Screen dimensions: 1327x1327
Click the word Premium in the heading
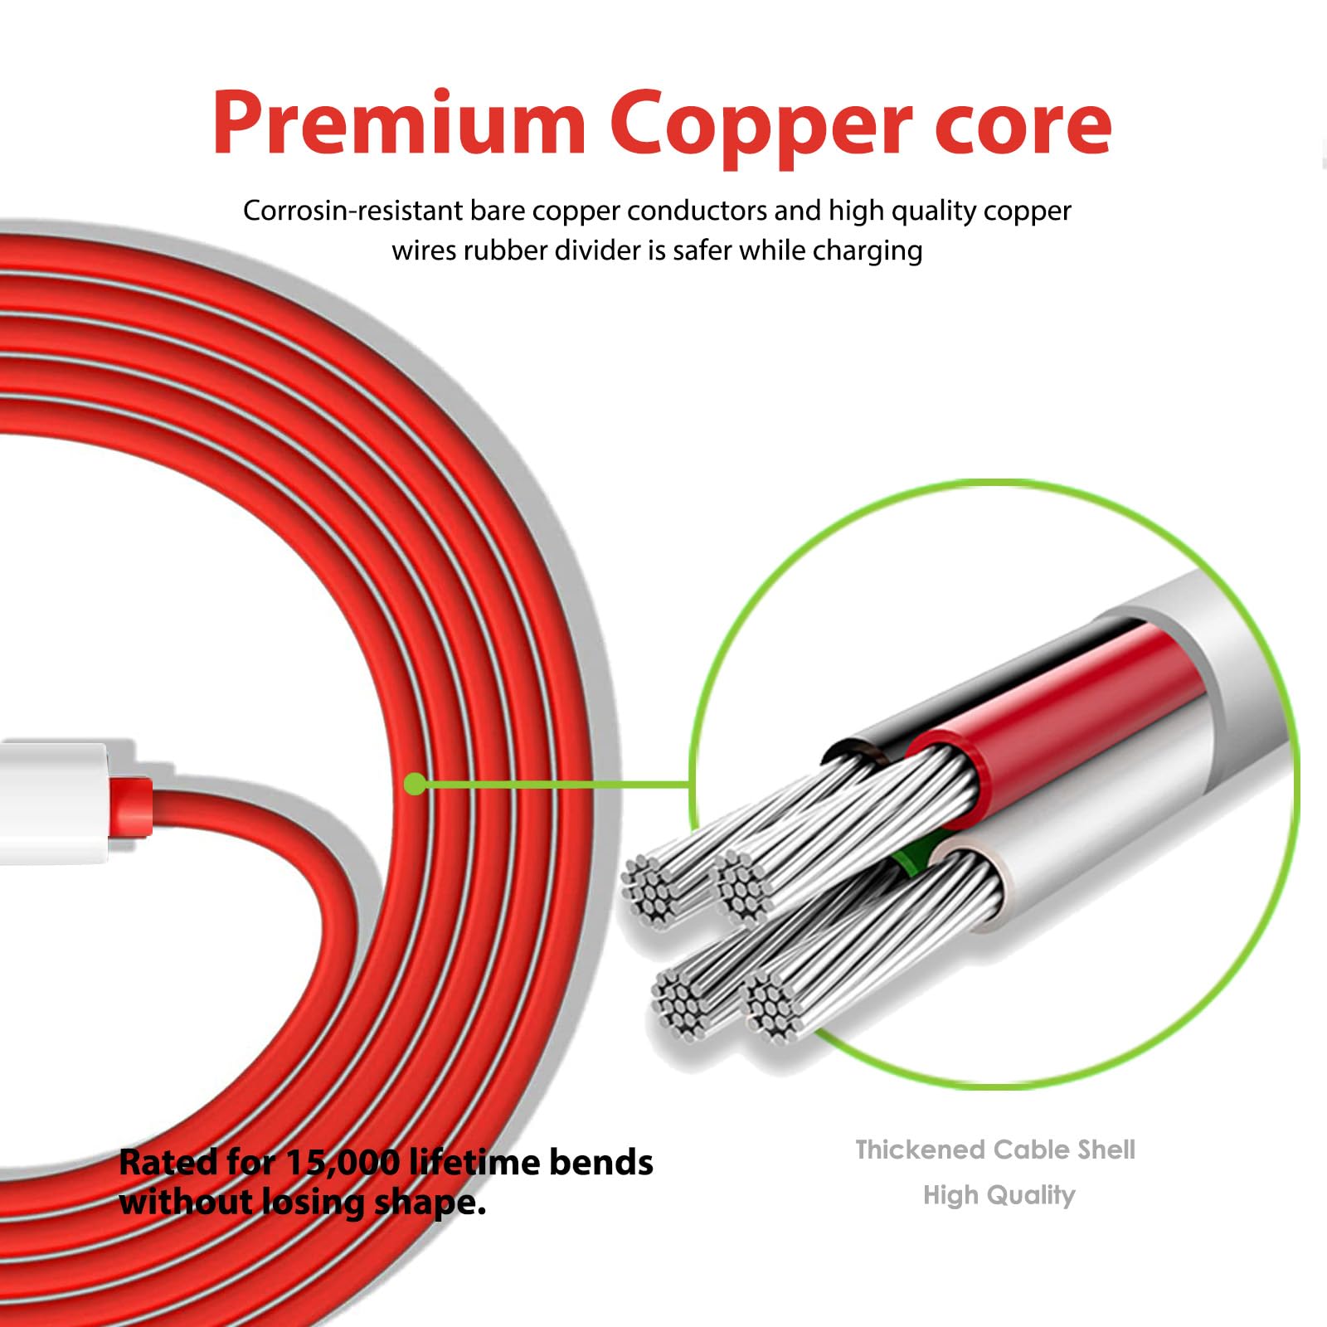(399, 124)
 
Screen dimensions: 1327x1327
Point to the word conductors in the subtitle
(697, 211)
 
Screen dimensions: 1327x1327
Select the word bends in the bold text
(600, 1163)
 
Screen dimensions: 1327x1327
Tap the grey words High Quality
(999, 1195)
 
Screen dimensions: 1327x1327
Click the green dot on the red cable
(416, 784)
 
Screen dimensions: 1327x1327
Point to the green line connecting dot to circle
(556, 784)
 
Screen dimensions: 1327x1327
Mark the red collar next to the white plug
(131, 804)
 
